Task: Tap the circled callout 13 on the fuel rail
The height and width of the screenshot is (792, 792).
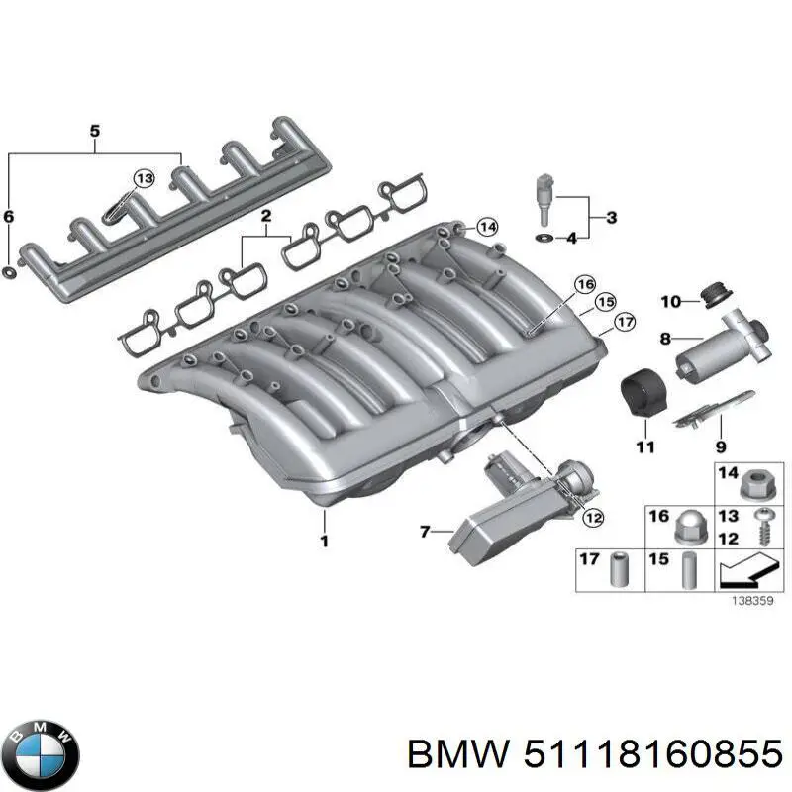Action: click(144, 179)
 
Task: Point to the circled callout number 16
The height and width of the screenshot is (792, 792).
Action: click(585, 286)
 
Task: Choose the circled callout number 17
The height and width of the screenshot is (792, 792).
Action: click(624, 321)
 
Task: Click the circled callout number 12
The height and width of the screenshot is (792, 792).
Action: click(592, 516)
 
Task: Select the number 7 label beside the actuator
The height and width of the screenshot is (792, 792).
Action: click(425, 532)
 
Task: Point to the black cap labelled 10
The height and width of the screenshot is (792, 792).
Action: click(709, 292)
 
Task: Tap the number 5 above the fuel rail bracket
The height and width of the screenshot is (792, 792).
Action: click(95, 131)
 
